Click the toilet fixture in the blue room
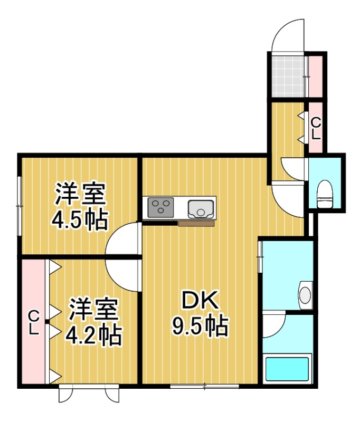tap(325, 194)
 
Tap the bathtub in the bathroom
tap(287, 369)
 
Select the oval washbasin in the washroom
tap(305, 295)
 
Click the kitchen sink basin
tap(201, 209)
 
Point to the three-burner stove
tap(161, 207)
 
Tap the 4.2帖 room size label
tap(93, 336)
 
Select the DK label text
tap(200, 300)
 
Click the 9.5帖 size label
tap(200, 326)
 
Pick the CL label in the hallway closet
tap(316, 129)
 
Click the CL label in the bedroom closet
tap(34, 322)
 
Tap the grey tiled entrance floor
tap(288, 76)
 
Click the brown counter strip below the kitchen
tap(196, 223)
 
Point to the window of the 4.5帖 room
tap(19, 206)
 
